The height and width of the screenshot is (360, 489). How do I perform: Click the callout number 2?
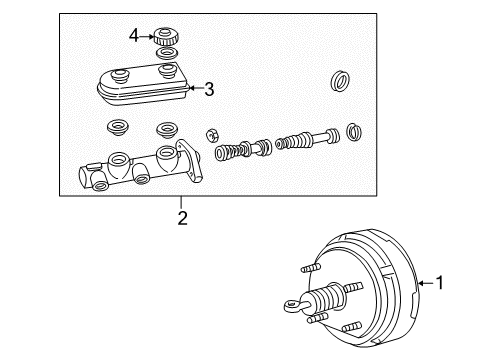coord(181,216)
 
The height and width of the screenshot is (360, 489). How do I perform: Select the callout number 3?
coord(208,89)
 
